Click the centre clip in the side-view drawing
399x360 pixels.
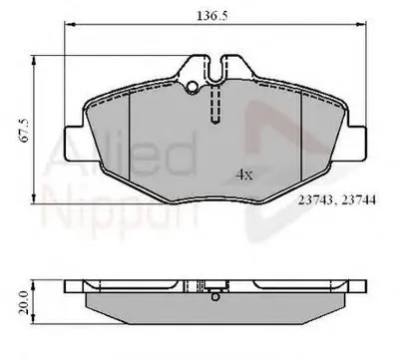[x=214, y=295]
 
